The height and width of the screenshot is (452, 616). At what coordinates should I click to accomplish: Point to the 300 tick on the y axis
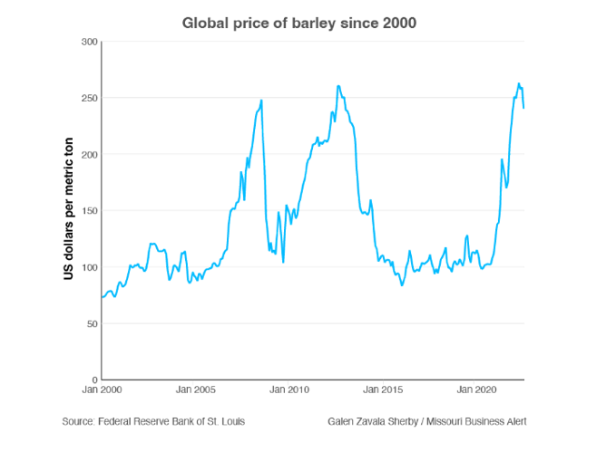(88, 42)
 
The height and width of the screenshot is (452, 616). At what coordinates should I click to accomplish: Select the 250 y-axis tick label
(88, 98)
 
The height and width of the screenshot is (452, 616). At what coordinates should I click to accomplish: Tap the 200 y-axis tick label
(88, 154)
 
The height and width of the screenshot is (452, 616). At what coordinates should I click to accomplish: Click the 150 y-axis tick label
(88, 211)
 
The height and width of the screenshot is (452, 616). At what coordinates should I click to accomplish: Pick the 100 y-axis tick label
(88, 267)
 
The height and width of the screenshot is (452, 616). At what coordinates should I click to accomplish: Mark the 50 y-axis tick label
(91, 323)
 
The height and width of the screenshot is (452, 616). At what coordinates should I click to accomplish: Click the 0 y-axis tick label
(93, 380)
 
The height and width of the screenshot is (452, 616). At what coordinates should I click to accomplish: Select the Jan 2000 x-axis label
(103, 390)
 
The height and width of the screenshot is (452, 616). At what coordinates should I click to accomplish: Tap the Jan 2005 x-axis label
(196, 390)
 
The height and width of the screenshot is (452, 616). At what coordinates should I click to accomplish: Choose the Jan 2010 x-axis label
(289, 390)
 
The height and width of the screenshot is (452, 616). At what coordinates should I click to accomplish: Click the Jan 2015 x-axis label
(383, 390)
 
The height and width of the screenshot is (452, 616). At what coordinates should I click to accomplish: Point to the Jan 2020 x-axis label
(476, 390)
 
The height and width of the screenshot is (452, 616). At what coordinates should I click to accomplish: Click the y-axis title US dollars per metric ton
(68, 210)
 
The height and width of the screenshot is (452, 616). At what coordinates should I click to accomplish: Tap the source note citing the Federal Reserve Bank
(153, 421)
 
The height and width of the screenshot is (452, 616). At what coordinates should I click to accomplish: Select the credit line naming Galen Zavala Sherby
(427, 421)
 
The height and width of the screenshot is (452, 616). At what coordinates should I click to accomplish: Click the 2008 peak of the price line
(261, 101)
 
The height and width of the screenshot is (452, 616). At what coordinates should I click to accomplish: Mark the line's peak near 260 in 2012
(338, 87)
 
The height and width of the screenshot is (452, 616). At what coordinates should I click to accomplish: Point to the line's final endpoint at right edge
(524, 108)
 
